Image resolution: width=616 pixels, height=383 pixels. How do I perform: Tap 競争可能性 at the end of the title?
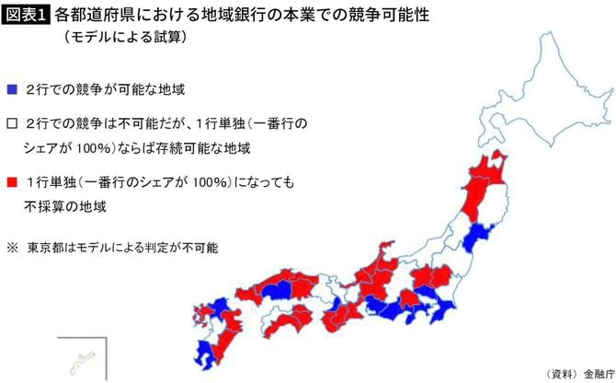coord(364,16)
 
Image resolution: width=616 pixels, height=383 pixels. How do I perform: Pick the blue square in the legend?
coord(11,90)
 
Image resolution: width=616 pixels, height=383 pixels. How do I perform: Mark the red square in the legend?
coord(11,182)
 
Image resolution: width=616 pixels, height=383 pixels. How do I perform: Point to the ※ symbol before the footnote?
coord(11,248)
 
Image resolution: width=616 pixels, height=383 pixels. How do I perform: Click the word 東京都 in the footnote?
coord(46,248)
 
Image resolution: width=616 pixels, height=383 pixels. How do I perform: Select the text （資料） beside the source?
coord(562,372)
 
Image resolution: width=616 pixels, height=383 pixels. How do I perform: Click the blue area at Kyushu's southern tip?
coord(204,354)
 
